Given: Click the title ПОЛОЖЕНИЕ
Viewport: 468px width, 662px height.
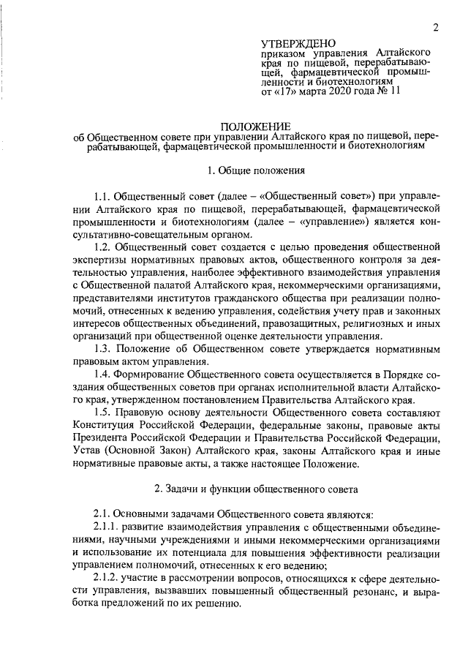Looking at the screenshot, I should point(255,126).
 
